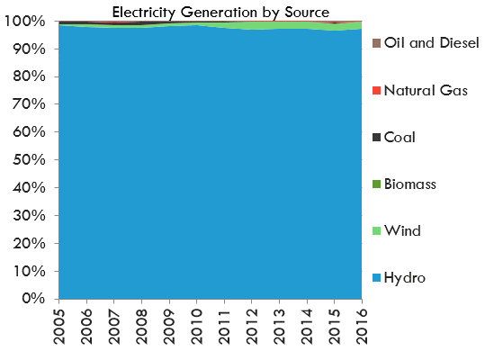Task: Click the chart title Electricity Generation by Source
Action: pos(220,11)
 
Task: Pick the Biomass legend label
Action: pos(410,184)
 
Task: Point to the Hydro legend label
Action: pos(405,277)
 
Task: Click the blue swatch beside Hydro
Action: pos(375,277)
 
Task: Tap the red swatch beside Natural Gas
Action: pos(375,90)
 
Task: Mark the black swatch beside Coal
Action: pos(375,137)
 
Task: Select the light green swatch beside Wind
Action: pos(375,230)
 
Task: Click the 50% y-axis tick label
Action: pos(27,160)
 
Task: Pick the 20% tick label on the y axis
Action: pos(27,243)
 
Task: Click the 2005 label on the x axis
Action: pos(59,328)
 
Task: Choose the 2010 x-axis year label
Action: pos(197,328)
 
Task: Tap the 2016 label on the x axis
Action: pos(362,328)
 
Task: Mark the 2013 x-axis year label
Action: pos(279,328)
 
